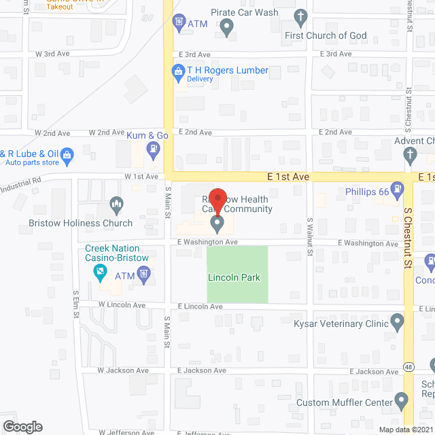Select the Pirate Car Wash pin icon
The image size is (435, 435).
[228, 27]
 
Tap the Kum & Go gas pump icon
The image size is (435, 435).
[156, 147]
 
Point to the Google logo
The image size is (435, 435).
[22, 426]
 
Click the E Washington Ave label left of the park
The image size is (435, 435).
[207, 242]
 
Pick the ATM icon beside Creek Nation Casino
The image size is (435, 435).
[143, 275]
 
